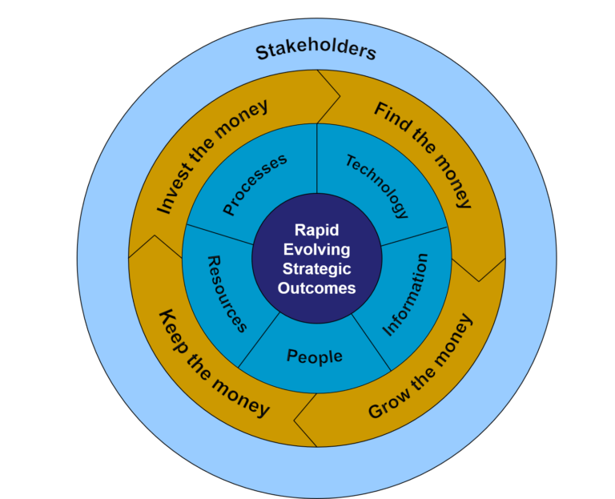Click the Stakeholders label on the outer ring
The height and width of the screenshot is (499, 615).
coord(316,51)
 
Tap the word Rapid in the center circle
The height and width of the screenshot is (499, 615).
coord(316,231)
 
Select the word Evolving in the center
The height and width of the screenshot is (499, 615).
coord(316,250)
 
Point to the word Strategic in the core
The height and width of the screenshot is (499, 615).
coord(316,268)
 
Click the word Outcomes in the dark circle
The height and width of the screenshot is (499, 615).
coord(316,288)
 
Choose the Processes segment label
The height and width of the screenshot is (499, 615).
coord(255,184)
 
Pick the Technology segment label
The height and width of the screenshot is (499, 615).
coord(377,186)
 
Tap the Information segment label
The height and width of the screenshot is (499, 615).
coord(405,295)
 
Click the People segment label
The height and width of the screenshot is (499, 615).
coord(315,357)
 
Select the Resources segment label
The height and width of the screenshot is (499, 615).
coord(227,294)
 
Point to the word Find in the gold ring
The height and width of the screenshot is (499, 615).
coord(389,114)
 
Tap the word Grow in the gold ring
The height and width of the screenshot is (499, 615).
coord(389,403)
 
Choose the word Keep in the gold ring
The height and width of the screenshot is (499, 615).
coord(172,332)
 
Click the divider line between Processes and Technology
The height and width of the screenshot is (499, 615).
coord(317,159)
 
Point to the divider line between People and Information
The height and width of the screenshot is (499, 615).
coord(371,342)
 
